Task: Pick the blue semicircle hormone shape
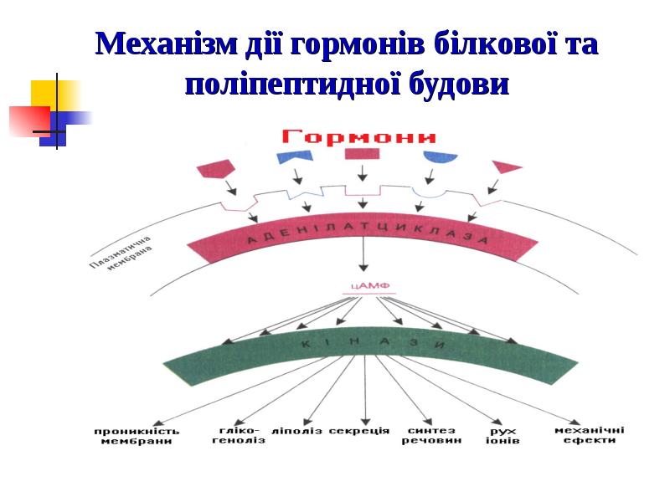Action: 440,157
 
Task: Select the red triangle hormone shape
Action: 505,166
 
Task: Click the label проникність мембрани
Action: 137,436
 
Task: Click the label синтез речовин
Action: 430,435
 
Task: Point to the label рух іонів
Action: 502,435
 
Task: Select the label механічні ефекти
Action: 590,435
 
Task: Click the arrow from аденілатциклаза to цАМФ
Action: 363,255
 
